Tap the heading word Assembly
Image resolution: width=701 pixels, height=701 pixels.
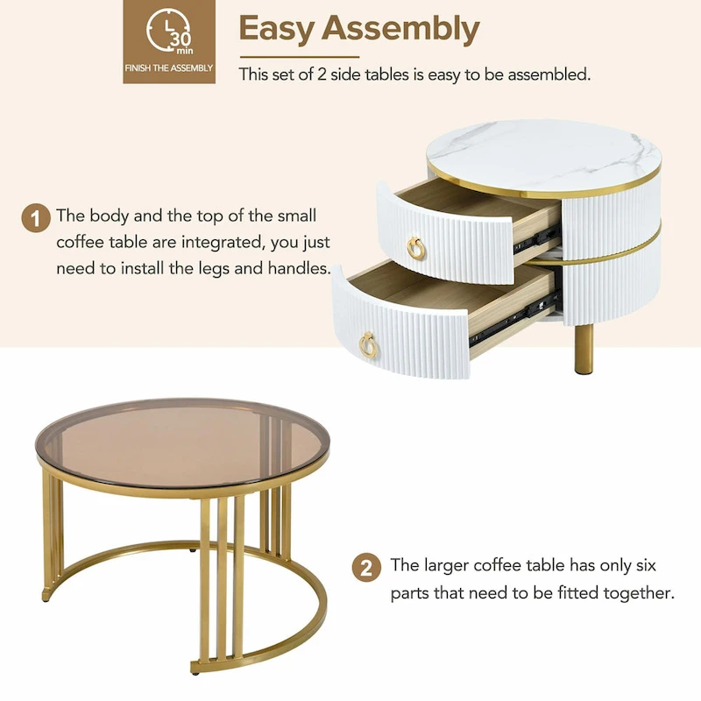pos(403,28)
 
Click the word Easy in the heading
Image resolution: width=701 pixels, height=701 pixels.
pos(277,28)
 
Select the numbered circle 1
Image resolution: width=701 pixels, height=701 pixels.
pos(36,218)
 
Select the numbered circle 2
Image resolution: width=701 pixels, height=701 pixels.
pos(366,567)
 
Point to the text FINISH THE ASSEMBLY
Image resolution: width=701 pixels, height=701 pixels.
pos(169,67)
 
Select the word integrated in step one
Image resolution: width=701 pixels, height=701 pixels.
pos(223,242)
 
